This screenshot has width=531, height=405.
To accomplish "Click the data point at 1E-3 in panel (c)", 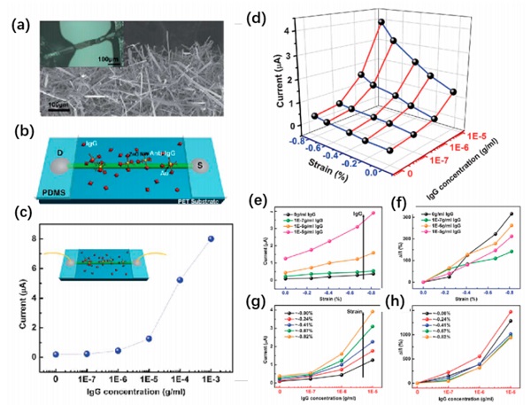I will (x=212, y=238).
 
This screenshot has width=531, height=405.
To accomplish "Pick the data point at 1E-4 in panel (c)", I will (x=180, y=280).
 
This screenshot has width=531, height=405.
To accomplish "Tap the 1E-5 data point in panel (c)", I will (x=149, y=339).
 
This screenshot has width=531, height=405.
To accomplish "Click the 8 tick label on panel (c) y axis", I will (x=38, y=238).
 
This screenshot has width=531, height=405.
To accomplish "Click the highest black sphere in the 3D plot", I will (x=381, y=22).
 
